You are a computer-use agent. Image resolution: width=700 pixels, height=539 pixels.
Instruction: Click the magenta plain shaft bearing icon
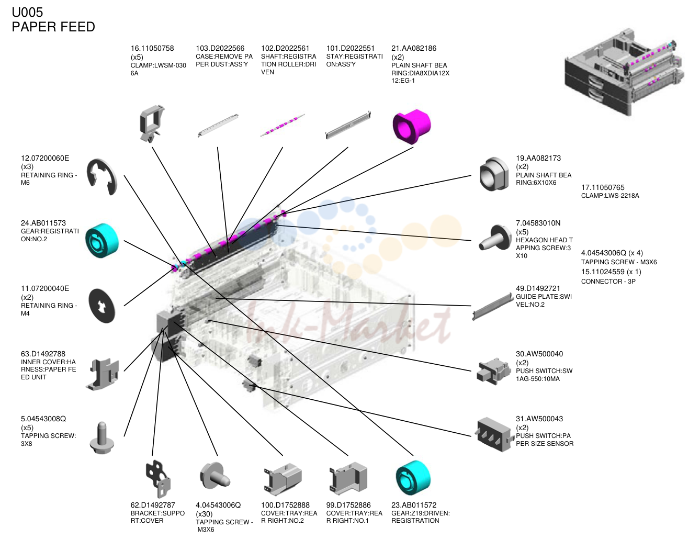(x=412, y=126)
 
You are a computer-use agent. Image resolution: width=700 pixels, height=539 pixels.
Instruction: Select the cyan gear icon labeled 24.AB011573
(x=102, y=240)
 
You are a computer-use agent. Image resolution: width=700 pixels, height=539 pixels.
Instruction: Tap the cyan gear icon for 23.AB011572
(x=413, y=477)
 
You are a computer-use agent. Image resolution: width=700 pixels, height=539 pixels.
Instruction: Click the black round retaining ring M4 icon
(x=102, y=306)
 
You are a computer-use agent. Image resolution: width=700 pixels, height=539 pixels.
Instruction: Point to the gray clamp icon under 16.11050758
(x=151, y=123)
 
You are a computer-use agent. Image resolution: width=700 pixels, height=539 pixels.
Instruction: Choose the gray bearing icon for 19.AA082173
(x=493, y=174)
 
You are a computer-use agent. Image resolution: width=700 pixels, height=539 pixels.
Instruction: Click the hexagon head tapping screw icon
(x=494, y=238)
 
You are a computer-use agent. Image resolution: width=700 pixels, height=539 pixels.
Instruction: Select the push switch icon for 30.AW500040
(x=493, y=371)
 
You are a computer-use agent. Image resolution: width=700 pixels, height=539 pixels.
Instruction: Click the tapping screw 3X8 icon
(x=102, y=438)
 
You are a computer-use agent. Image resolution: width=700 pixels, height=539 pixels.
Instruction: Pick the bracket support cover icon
(x=158, y=478)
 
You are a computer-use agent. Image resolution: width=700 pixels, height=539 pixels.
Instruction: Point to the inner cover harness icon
(x=103, y=374)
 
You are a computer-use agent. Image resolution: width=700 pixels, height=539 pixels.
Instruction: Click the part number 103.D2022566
(x=220, y=48)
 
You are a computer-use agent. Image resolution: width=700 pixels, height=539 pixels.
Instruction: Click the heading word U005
(x=27, y=12)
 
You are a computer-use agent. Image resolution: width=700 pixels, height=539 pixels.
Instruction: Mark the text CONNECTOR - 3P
(x=608, y=281)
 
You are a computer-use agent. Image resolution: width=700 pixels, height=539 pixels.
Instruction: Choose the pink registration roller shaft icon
(x=282, y=125)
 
